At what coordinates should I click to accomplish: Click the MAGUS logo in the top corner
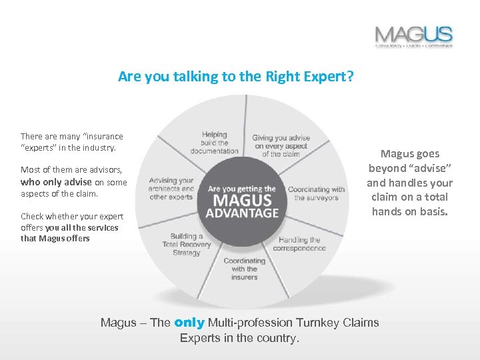pyautogui.click(x=413, y=36)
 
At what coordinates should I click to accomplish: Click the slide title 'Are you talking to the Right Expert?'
pyautogui.click(x=235, y=77)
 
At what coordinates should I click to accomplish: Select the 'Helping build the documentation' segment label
pyautogui.click(x=214, y=143)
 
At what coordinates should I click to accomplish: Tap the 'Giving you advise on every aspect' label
pyautogui.click(x=281, y=146)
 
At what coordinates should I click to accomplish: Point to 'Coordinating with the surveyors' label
pyautogui.click(x=316, y=194)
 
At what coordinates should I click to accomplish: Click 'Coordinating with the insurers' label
pyautogui.click(x=245, y=269)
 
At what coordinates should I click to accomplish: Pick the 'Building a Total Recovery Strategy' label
pyautogui.click(x=186, y=244)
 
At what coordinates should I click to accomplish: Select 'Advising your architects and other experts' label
pyautogui.click(x=171, y=189)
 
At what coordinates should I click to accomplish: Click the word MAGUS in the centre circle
pyautogui.click(x=243, y=201)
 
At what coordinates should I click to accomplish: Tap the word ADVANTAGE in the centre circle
pyautogui.click(x=243, y=214)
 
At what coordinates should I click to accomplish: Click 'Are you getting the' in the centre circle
pyautogui.click(x=242, y=189)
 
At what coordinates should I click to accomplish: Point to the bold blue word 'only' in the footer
pyautogui.click(x=189, y=323)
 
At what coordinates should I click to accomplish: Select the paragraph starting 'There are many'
pyautogui.click(x=72, y=141)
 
